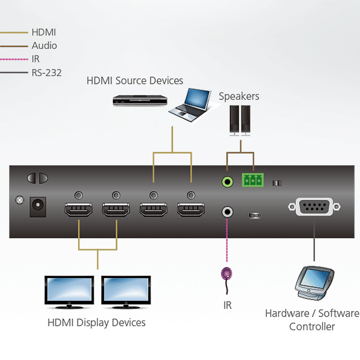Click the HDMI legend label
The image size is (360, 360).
(x=44, y=32)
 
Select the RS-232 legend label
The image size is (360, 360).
(x=46, y=72)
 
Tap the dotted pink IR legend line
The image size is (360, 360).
(x=13, y=59)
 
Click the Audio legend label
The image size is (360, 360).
(x=44, y=45)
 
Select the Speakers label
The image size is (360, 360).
(x=239, y=96)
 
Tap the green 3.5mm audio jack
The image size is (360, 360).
(x=228, y=182)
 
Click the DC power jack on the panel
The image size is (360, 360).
(x=38, y=207)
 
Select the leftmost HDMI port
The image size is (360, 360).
(x=79, y=210)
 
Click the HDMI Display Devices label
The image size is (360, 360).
(x=96, y=323)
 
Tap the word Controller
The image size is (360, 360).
(x=312, y=327)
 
